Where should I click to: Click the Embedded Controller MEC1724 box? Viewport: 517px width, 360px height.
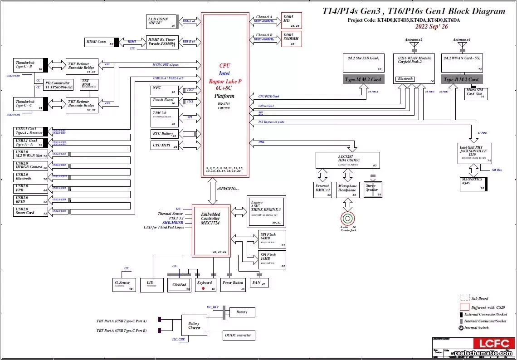(x=211, y=230)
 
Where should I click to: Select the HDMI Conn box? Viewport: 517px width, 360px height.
(x=99, y=42)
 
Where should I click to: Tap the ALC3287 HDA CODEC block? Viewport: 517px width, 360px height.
(x=348, y=160)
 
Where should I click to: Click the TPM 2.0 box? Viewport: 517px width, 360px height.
(x=164, y=117)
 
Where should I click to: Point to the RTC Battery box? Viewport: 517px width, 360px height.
(x=164, y=134)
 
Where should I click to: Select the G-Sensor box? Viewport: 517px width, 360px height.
(x=124, y=285)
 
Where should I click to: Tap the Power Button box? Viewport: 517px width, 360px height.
(x=233, y=285)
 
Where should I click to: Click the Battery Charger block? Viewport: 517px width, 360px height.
(x=194, y=326)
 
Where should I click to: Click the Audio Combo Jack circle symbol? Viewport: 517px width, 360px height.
(x=348, y=218)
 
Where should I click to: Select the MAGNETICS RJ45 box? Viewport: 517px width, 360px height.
(x=472, y=184)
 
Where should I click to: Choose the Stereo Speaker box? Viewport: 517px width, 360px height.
(x=373, y=190)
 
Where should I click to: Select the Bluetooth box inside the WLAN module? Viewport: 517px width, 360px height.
(x=405, y=79)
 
